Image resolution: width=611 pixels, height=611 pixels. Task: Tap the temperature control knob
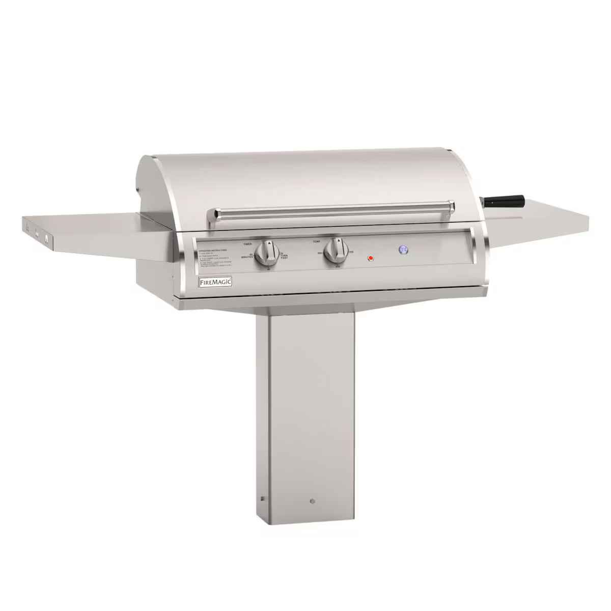[337, 251]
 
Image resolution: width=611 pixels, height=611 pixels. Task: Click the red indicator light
[371, 258]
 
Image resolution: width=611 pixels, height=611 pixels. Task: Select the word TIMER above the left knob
[248, 244]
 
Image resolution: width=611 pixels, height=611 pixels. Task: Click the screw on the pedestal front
[312, 502]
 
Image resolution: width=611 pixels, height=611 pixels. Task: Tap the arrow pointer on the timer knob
[269, 244]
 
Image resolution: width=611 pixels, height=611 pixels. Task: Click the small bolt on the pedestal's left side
[262, 498]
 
